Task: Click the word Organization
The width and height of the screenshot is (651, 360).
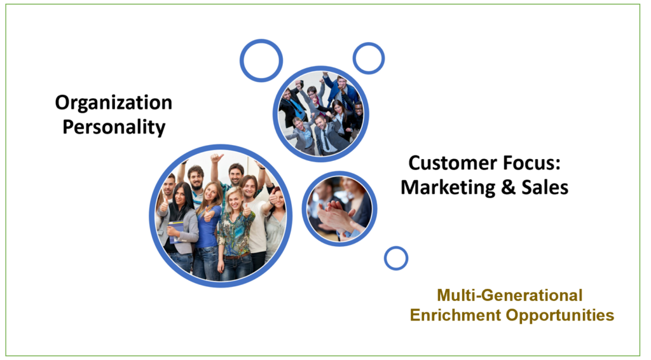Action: click(x=114, y=102)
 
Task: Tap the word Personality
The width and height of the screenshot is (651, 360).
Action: click(x=114, y=127)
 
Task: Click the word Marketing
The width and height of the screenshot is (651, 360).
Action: click(x=448, y=187)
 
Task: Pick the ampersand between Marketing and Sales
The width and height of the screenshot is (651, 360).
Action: click(x=509, y=187)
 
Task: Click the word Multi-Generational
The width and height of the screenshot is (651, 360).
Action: click(x=510, y=295)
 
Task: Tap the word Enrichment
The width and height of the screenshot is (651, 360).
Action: click(x=455, y=315)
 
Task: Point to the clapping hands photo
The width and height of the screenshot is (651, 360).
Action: click(x=339, y=209)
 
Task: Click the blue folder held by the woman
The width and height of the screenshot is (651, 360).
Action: click(x=176, y=232)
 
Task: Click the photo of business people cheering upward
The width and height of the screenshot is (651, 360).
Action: click(x=320, y=114)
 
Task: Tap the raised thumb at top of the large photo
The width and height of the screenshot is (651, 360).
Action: click(x=216, y=158)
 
